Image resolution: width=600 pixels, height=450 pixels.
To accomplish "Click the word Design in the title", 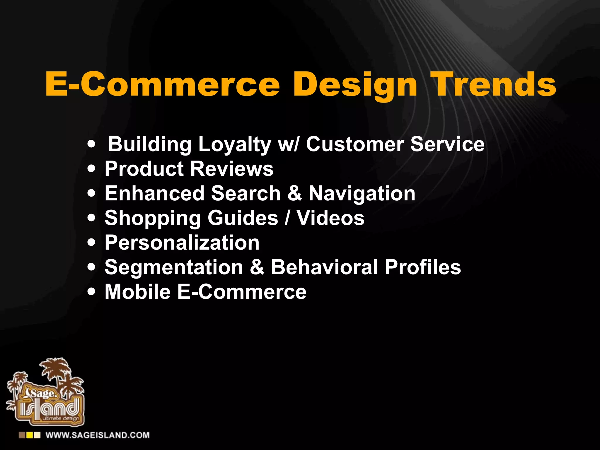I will tap(355, 85).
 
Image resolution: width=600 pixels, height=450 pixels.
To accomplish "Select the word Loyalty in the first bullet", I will tap(234, 145).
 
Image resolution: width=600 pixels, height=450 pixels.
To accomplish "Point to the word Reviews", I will tap(232, 169).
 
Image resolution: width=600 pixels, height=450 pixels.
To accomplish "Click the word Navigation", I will tap(362, 194).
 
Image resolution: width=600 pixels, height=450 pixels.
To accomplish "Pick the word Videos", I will tap(330, 218).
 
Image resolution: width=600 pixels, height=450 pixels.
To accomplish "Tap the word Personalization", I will tap(182, 243).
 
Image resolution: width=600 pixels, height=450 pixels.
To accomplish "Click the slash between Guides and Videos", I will tap(287, 218).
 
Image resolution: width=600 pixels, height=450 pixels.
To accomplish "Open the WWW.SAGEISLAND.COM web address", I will tap(97, 435).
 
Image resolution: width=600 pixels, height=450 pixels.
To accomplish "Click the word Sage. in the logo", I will tap(44, 393).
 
